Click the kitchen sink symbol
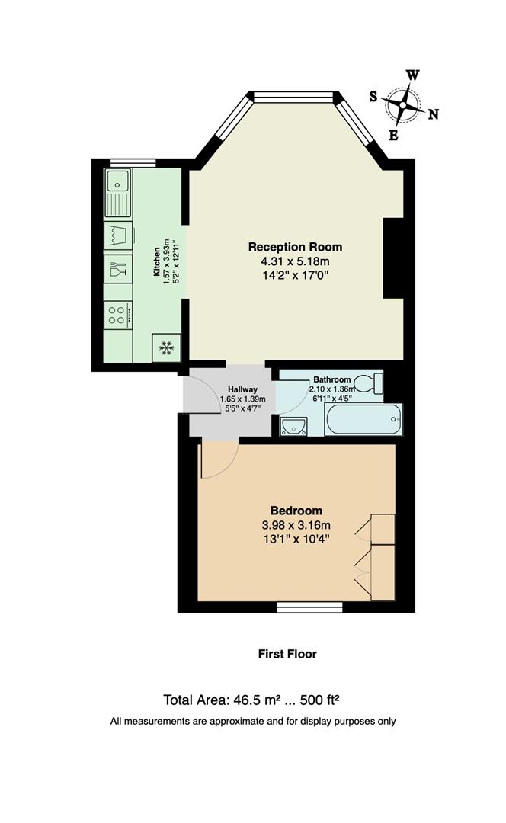pos(117,181)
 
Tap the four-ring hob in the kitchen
pos(117,314)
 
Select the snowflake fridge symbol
pos(165,348)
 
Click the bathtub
pos(363,419)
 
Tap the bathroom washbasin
pos(293,427)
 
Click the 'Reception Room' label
pos(295,247)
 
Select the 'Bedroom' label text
pos(296,511)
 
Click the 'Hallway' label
pos(232,389)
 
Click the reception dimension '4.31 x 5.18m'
pos(295,261)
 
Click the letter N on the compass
pos(433,114)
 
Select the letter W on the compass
pos(412,75)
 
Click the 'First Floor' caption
pos(286,654)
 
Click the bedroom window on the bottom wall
pos(309,607)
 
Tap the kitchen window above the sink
pos(133,162)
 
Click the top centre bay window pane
pos(293,96)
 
